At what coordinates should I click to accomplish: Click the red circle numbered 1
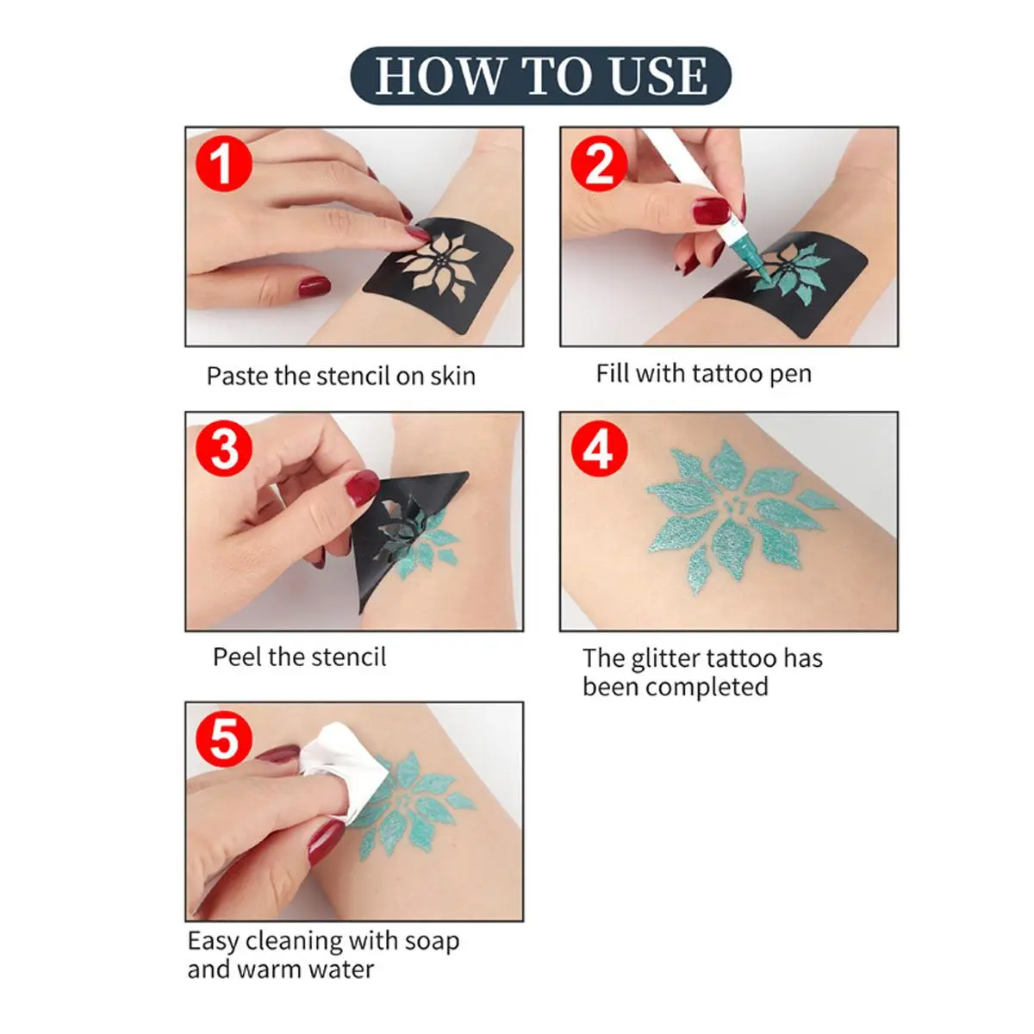(224, 163)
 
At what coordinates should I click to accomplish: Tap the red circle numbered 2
(599, 163)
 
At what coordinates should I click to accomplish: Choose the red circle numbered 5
(224, 738)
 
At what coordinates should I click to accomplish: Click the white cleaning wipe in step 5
(344, 769)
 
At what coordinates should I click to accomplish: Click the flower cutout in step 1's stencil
(438, 266)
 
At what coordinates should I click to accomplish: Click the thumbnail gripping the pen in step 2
(711, 210)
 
